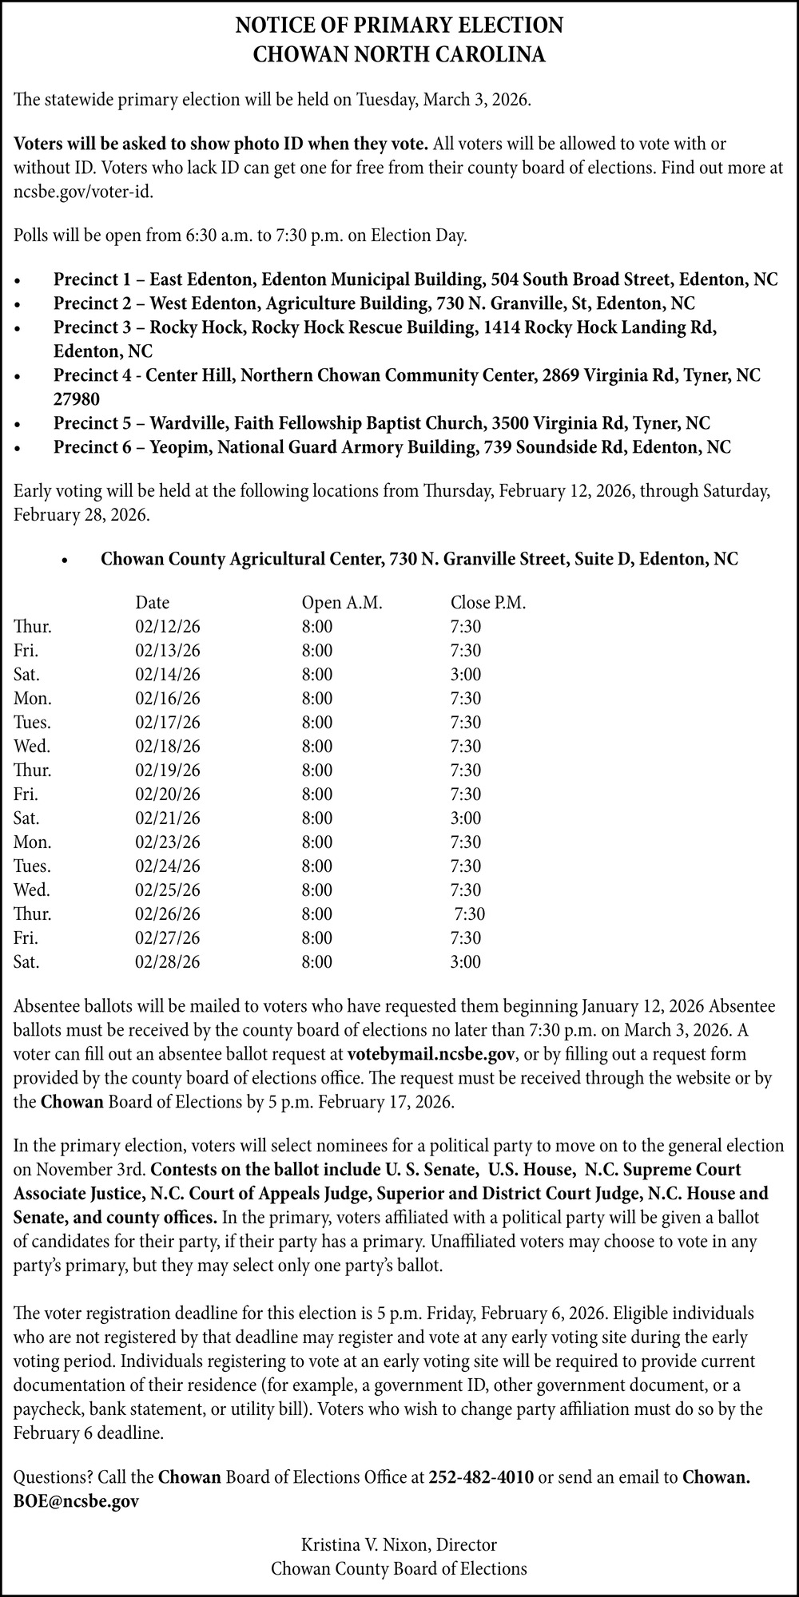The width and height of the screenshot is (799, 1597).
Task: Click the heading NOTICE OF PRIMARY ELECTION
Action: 399,26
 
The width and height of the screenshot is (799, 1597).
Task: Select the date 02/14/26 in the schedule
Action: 168,675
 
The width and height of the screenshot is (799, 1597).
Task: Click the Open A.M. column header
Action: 342,603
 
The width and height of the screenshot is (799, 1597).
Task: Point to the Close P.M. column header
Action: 488,603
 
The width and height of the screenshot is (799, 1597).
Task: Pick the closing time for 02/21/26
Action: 466,818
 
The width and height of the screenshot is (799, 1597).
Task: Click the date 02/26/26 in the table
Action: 168,914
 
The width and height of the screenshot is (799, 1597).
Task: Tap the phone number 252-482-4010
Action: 481,1477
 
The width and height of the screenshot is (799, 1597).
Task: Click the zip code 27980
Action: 77,398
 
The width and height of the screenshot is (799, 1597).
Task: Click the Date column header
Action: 152,603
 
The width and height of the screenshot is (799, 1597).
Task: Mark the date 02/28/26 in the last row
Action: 168,962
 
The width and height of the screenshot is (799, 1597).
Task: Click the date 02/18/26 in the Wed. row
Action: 168,747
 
